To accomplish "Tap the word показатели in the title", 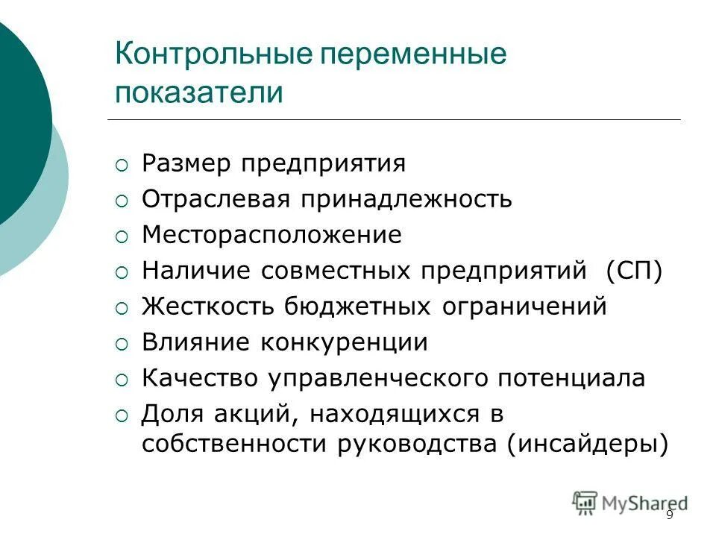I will click(x=199, y=94).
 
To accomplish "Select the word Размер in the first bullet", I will click(x=187, y=163).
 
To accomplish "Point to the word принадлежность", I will click(x=406, y=199).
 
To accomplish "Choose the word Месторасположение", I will click(x=272, y=235).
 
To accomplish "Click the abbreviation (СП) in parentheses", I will click(x=634, y=271).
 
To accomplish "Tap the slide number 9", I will click(x=669, y=515).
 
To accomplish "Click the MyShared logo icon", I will click(x=585, y=503).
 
